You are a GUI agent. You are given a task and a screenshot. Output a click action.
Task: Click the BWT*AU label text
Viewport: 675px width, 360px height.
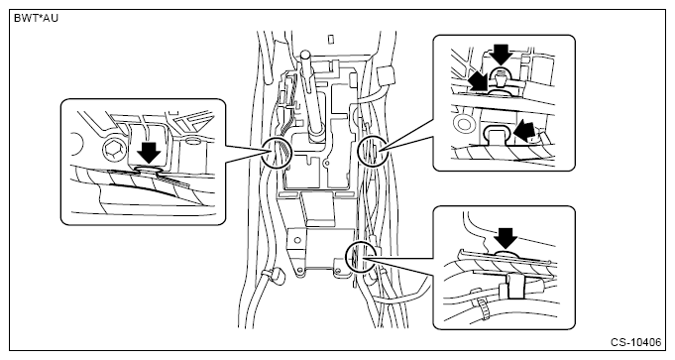(x=36, y=18)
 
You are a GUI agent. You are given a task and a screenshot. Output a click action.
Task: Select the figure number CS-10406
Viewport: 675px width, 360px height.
(x=635, y=342)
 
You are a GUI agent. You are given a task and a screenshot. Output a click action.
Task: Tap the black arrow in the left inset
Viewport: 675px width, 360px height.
(x=150, y=151)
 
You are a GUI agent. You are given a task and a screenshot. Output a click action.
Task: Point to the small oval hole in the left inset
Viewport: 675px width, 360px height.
(x=193, y=141)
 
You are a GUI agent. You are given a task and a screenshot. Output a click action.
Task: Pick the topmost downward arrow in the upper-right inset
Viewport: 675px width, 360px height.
(x=502, y=55)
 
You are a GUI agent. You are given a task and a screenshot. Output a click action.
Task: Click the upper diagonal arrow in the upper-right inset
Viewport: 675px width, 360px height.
(x=479, y=81)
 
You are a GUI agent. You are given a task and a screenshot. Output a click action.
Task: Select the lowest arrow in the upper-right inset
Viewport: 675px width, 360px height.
(x=524, y=131)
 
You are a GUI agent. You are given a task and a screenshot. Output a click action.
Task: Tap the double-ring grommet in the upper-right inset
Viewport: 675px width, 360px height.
(x=464, y=124)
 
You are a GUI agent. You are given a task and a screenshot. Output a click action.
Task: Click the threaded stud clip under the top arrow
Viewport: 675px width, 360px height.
(x=501, y=78)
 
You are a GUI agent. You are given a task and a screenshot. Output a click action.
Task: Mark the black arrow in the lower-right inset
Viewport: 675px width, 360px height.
(x=506, y=239)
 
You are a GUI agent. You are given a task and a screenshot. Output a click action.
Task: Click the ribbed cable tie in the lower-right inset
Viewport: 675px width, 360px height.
(x=483, y=306)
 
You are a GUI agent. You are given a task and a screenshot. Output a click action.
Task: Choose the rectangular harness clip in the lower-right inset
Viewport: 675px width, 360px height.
(x=515, y=285)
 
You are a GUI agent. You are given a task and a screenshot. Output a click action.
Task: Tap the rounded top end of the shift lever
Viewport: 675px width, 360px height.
(x=305, y=56)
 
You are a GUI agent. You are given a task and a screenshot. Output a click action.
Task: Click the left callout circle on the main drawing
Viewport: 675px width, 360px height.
(x=277, y=154)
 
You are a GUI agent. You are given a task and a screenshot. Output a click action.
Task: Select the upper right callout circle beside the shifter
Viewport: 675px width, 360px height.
(x=372, y=151)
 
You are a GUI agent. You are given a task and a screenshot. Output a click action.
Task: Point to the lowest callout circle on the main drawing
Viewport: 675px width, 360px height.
(x=359, y=256)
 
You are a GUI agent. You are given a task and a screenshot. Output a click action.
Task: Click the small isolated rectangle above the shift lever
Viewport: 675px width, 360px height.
(x=331, y=40)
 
